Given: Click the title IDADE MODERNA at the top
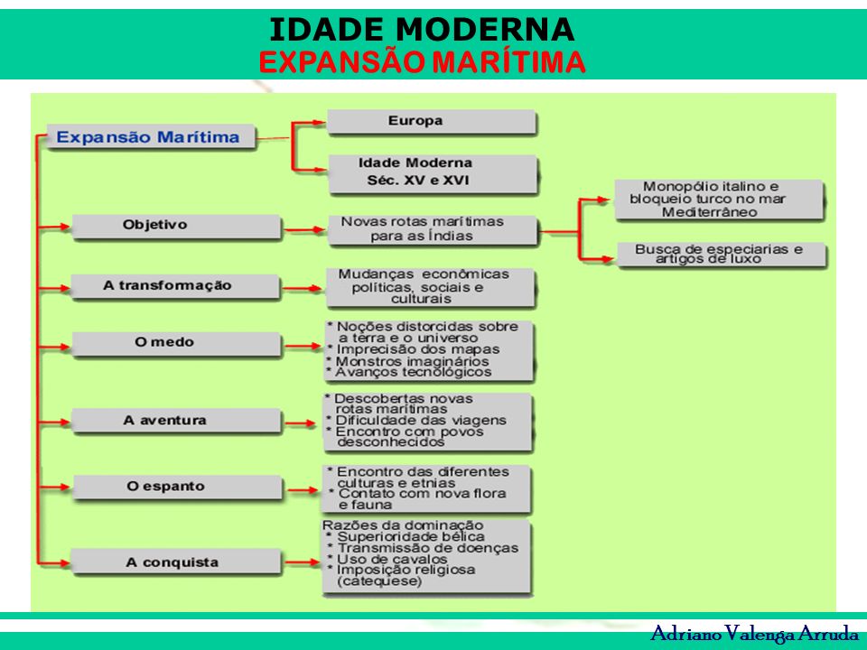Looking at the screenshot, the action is click(x=422, y=29).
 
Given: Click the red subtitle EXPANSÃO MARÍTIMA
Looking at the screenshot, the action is click(x=422, y=61).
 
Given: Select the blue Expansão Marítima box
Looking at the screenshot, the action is click(x=151, y=137).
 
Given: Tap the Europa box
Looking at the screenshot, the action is click(x=432, y=122).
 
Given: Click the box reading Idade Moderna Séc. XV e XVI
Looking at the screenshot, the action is click(x=433, y=173).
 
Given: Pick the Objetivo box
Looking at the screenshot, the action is click(x=176, y=227).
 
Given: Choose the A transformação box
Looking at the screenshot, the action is click(x=175, y=286).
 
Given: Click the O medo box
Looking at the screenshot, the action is click(x=176, y=344).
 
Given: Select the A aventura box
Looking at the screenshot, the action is click(x=176, y=421).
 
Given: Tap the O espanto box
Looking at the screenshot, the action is click(x=178, y=487).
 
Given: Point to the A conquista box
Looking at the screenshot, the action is click(x=176, y=562).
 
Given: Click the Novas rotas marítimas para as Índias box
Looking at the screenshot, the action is click(x=433, y=230).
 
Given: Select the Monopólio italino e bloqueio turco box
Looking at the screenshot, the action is click(x=720, y=200).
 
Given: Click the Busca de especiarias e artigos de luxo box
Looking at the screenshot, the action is click(x=722, y=255).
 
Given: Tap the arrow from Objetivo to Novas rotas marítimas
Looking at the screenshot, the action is click(x=304, y=228).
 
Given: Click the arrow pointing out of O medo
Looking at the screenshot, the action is click(x=303, y=347).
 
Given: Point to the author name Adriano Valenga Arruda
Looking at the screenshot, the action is click(x=755, y=633).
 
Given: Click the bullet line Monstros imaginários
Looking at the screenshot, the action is click(x=408, y=361).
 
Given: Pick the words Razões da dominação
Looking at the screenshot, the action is click(x=403, y=525).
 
